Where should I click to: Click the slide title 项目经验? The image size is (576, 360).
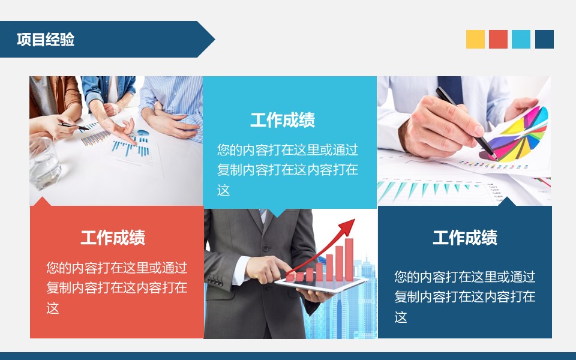click(x=46, y=40)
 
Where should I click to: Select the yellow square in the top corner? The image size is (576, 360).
click(x=475, y=39)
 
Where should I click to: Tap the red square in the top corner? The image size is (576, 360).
click(x=498, y=39)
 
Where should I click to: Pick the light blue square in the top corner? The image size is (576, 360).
click(x=521, y=39)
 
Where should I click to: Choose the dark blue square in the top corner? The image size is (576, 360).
click(x=544, y=39)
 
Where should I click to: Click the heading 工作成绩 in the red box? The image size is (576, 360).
click(x=113, y=238)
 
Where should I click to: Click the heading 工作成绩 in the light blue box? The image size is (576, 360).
click(x=283, y=120)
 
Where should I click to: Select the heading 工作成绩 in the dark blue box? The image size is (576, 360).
click(x=465, y=238)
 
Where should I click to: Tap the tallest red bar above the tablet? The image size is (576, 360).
click(x=349, y=258)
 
